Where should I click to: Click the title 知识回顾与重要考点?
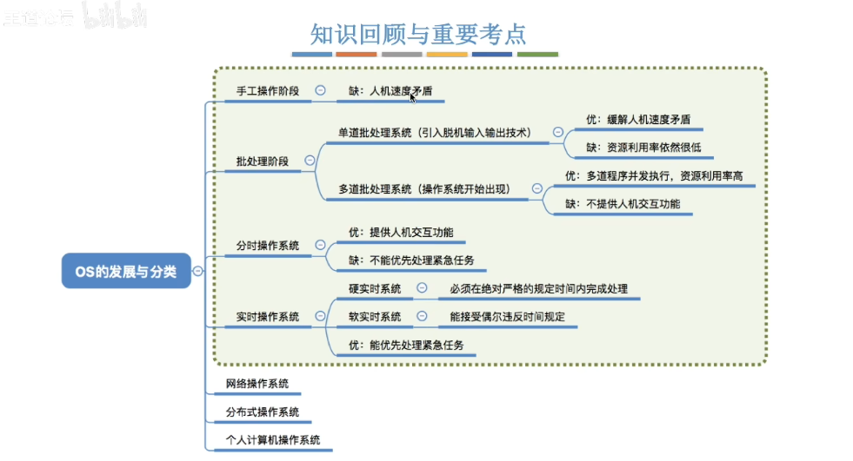418,33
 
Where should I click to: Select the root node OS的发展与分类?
125,272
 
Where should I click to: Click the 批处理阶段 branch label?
263,161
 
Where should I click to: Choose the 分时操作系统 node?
268,246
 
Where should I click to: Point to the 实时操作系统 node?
268,317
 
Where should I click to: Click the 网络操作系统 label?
257,383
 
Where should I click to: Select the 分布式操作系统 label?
263,412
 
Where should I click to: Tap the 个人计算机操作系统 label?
273,440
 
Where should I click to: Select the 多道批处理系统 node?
424,189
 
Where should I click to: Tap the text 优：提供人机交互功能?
401,233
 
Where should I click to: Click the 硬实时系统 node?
375,288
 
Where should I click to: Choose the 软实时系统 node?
375,317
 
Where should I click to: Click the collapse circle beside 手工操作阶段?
320,90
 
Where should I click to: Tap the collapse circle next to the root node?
198,272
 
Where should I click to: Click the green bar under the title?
537,55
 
